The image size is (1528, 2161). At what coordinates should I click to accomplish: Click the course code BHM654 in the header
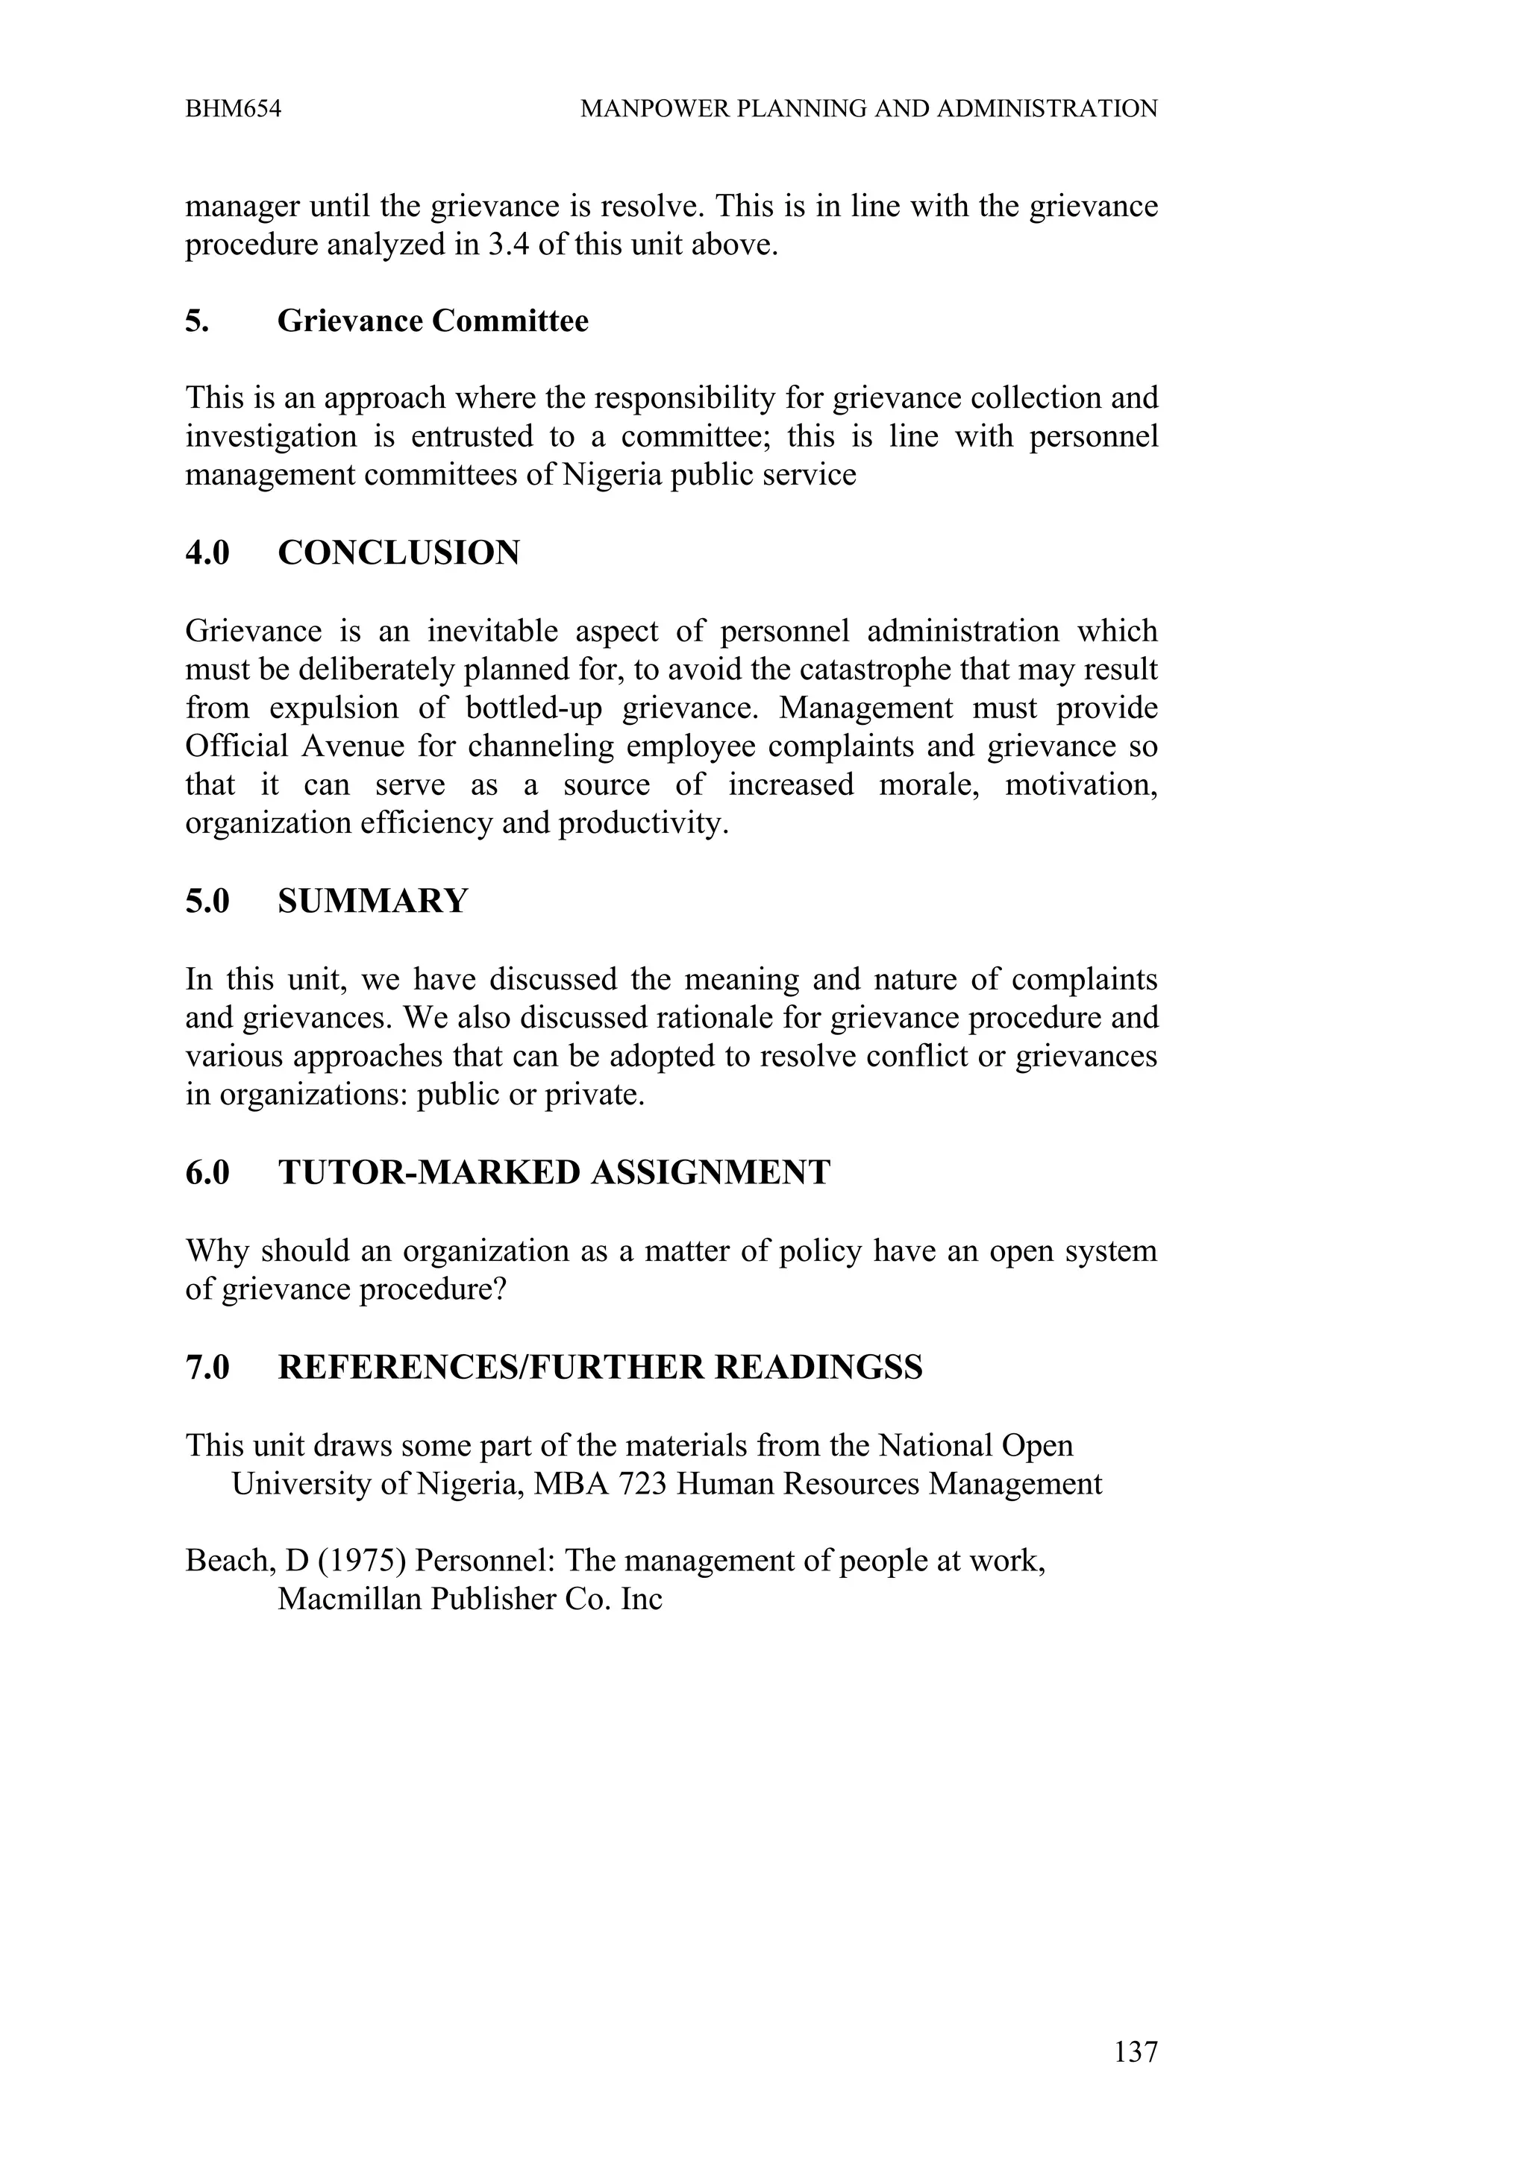point(234,109)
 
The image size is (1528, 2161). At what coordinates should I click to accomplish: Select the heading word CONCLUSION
point(398,553)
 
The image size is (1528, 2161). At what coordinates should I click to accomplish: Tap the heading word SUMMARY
point(373,902)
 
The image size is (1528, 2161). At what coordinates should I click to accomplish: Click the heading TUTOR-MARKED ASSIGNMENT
point(554,1173)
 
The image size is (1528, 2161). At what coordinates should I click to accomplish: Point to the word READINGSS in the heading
point(818,1368)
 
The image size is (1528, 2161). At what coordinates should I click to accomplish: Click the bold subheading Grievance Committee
point(432,322)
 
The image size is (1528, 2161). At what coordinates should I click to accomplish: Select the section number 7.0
point(207,1368)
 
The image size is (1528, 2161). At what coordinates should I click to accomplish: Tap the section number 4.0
point(207,553)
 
